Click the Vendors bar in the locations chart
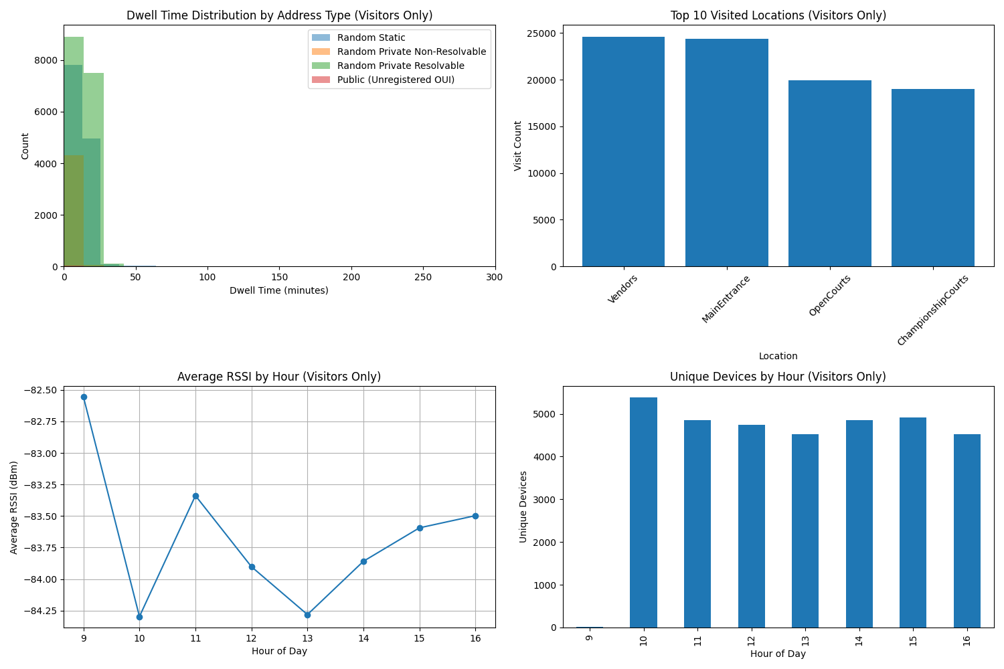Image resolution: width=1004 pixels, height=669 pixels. [623, 152]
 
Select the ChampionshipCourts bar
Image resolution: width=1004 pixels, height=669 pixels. [932, 178]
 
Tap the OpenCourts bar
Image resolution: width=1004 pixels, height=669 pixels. [829, 173]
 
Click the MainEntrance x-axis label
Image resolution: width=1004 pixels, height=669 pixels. [726, 299]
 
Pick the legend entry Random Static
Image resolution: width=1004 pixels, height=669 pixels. [371, 38]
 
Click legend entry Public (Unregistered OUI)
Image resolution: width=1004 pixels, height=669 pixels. [396, 80]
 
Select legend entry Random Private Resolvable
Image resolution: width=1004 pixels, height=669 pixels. [400, 66]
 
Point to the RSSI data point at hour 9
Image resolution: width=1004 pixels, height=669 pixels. [84, 397]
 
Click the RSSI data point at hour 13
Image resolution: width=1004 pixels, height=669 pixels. [307, 615]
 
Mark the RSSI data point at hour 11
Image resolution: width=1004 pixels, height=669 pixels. [195, 496]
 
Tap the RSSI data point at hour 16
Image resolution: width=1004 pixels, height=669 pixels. [475, 516]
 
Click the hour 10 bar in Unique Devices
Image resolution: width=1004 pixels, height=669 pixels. [643, 512]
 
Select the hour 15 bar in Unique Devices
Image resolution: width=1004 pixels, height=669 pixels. [913, 522]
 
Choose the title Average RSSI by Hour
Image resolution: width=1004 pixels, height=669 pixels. [279, 377]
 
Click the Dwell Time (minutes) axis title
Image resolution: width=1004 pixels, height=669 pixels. [279, 290]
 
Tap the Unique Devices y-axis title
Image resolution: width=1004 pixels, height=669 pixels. [523, 506]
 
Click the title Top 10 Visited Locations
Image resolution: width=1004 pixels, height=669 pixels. [778, 15]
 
